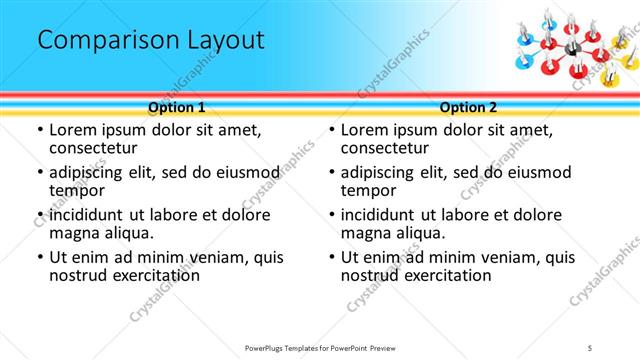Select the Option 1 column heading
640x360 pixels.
click(177, 107)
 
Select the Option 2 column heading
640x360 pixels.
click(468, 107)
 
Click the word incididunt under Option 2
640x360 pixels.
click(387, 215)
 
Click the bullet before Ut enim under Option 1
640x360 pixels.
click(39, 258)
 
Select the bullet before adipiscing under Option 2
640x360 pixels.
click(331, 172)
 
